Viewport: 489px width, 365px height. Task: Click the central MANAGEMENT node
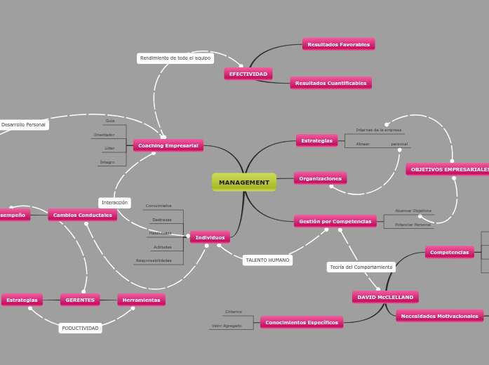[244, 182]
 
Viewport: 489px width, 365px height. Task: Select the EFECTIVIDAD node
[248, 74]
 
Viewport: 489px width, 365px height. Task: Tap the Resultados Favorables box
[338, 44]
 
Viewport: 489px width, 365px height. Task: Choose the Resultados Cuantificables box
[330, 83]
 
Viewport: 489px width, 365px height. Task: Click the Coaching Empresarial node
[168, 145]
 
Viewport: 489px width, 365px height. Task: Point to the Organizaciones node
[320, 178]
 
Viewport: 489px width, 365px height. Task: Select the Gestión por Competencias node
[335, 221]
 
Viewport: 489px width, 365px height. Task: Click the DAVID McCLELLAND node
[385, 297]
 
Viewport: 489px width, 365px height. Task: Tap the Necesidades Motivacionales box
[439, 316]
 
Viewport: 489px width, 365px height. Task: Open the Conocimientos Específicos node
[302, 322]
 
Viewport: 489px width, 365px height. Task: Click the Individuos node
[210, 237]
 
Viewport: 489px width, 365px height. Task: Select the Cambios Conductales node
[83, 215]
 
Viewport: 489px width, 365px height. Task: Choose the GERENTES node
[80, 300]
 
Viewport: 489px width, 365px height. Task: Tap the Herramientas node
[141, 300]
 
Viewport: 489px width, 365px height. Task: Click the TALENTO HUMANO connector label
[267, 260]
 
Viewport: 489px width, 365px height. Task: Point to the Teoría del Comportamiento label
[361, 267]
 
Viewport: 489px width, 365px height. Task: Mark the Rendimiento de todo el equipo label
[175, 58]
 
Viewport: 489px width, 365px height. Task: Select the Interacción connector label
[114, 202]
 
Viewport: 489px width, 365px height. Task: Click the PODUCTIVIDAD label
[80, 328]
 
